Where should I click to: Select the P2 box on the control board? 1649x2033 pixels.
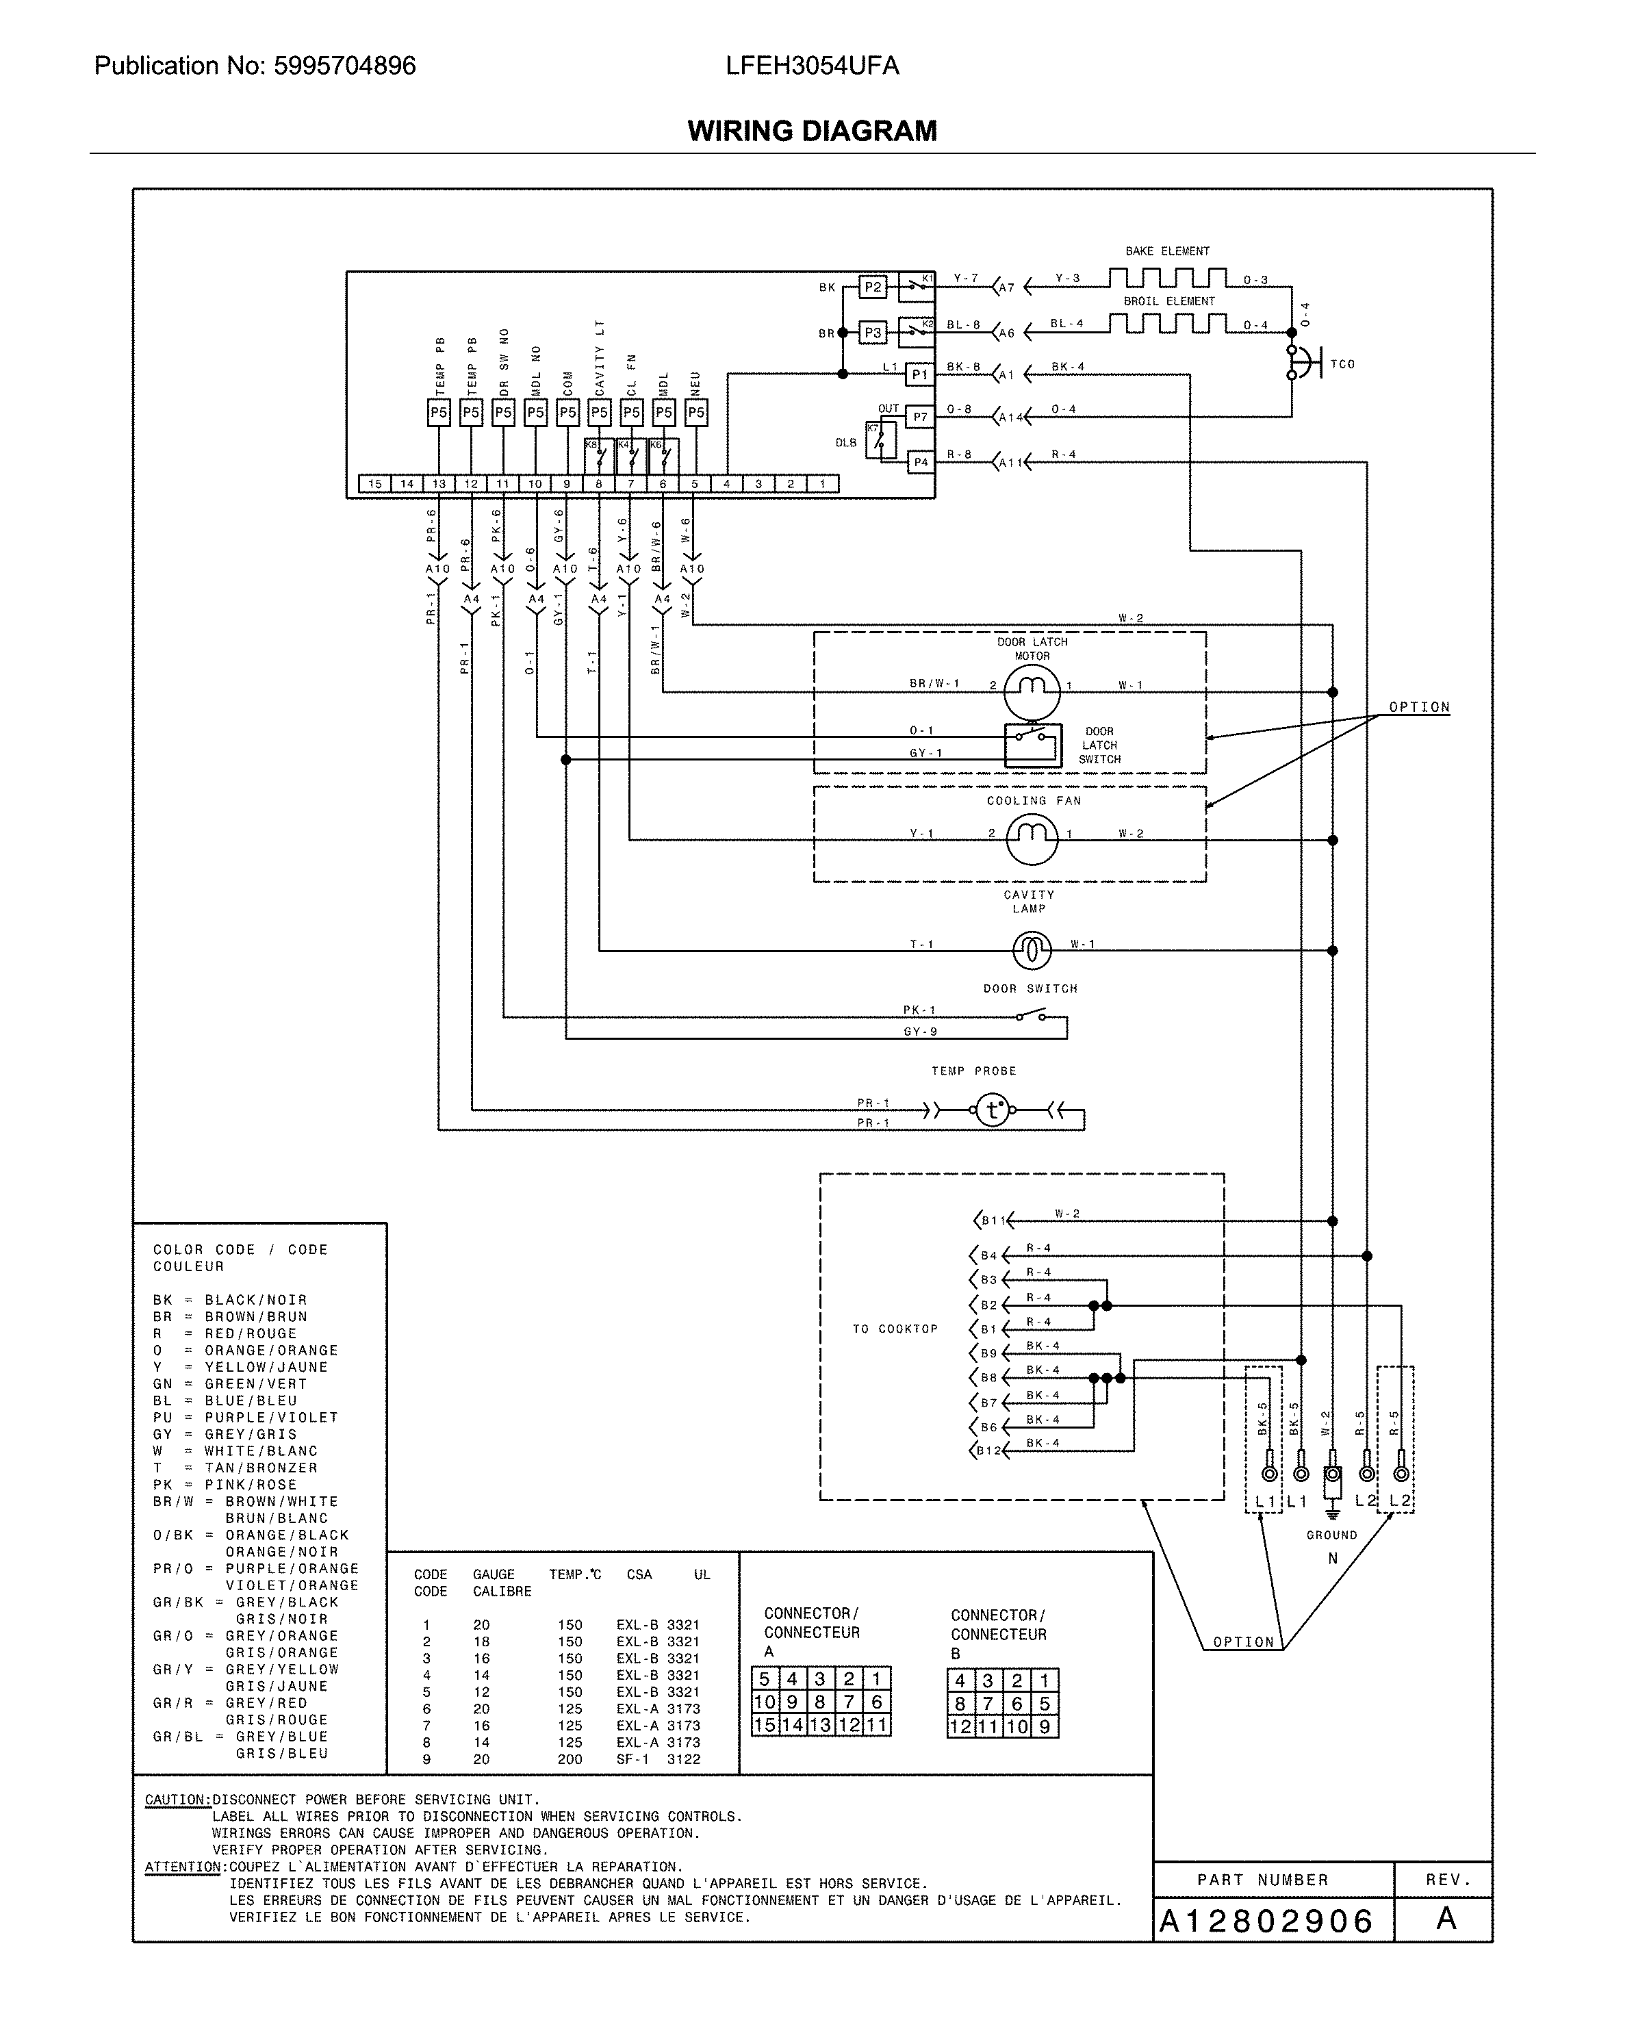point(872,287)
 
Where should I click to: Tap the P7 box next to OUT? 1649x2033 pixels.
point(919,416)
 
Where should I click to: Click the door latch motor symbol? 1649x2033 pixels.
point(1032,691)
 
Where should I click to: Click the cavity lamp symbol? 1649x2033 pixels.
point(1032,949)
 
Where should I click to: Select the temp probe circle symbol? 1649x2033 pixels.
point(993,1109)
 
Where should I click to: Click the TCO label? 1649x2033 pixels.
point(1342,365)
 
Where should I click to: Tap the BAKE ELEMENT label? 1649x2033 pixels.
point(1167,252)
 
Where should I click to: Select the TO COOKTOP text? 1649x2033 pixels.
point(895,1329)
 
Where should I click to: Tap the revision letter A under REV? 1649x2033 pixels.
point(1446,1918)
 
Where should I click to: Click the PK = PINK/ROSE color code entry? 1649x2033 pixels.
point(225,1485)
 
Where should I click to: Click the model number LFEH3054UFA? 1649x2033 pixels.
point(812,66)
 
